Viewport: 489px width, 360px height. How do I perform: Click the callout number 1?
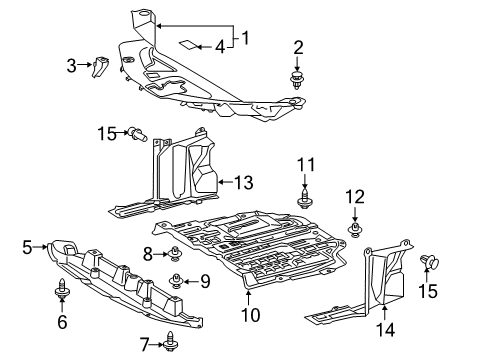click(244, 39)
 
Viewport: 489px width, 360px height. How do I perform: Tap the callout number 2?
click(298, 46)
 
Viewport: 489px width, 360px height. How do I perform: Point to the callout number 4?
click(220, 46)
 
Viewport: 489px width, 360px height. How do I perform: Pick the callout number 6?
click(62, 321)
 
